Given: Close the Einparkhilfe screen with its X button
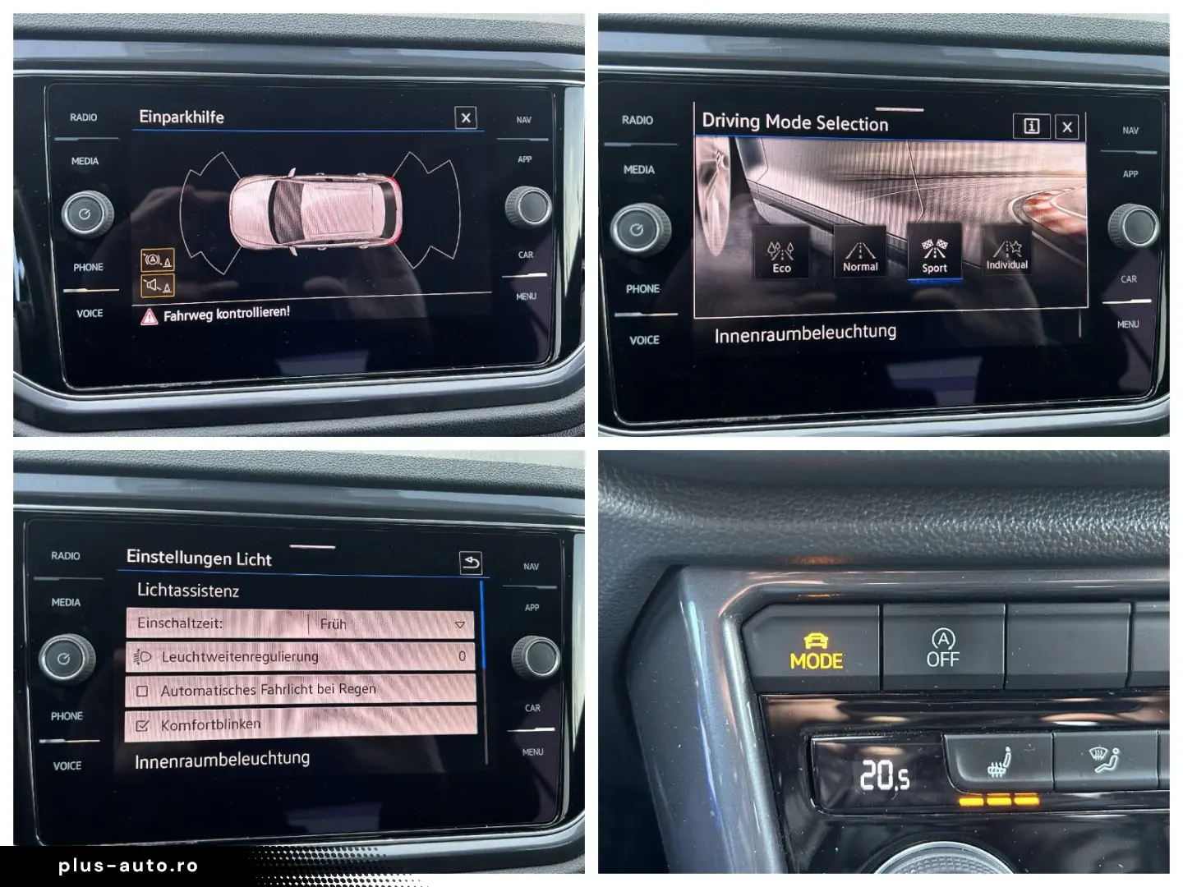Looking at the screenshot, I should [x=466, y=117].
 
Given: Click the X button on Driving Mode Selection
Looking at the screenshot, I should [x=1067, y=126].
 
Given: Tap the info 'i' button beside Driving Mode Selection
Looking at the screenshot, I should [x=1032, y=126].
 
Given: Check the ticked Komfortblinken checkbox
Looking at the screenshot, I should [x=142, y=725].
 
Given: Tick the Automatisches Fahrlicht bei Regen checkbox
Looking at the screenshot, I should [x=142, y=691].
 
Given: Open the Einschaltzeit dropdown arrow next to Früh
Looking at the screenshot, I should [x=459, y=625].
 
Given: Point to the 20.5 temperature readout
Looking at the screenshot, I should [x=884, y=774].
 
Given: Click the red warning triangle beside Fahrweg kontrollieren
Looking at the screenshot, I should [x=149, y=316].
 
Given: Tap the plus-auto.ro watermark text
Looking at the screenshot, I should [x=128, y=866].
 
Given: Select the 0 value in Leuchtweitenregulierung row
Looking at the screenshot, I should [x=462, y=656].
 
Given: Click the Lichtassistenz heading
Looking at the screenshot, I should [x=188, y=591].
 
